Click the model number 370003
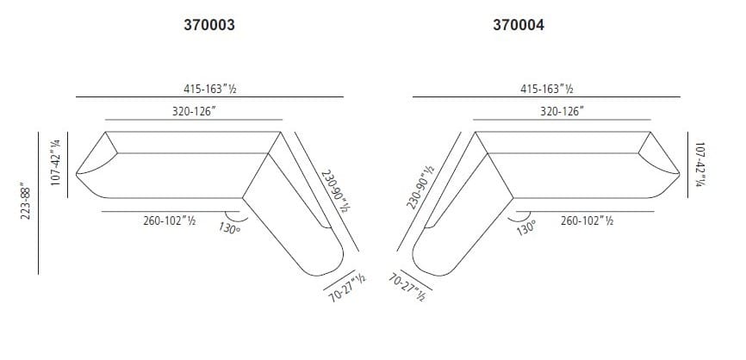click(209, 26)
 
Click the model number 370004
click(518, 26)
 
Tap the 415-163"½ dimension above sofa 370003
click(209, 88)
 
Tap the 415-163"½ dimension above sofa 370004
click(546, 88)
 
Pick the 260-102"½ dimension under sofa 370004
click(586, 220)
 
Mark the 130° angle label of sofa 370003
click(229, 228)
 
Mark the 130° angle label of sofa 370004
click(526, 228)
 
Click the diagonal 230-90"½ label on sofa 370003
click(335, 189)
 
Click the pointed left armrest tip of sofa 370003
click(78, 174)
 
